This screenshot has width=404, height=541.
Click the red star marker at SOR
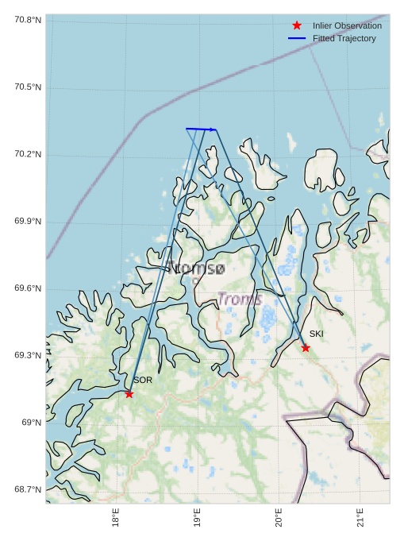click(x=129, y=394)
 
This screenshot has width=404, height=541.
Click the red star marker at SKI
click(x=306, y=348)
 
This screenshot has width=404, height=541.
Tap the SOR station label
click(x=143, y=381)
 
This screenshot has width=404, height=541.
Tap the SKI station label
click(x=317, y=334)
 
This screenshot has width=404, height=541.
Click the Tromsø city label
click(x=195, y=269)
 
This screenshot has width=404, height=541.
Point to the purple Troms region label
click(x=240, y=299)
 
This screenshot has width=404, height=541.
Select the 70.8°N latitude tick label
click(x=28, y=19)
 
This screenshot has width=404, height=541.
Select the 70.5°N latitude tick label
click(x=28, y=87)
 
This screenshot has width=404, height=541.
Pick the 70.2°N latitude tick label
click(x=28, y=154)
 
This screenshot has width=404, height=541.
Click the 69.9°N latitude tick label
click(x=28, y=222)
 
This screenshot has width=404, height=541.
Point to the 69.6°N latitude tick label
click(x=28, y=288)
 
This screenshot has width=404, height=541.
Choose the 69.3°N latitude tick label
click(x=28, y=355)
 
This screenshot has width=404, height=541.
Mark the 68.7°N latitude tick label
click(x=28, y=489)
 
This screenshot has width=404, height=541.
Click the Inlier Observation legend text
click(x=347, y=25)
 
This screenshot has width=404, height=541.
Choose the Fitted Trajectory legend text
click(x=344, y=38)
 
